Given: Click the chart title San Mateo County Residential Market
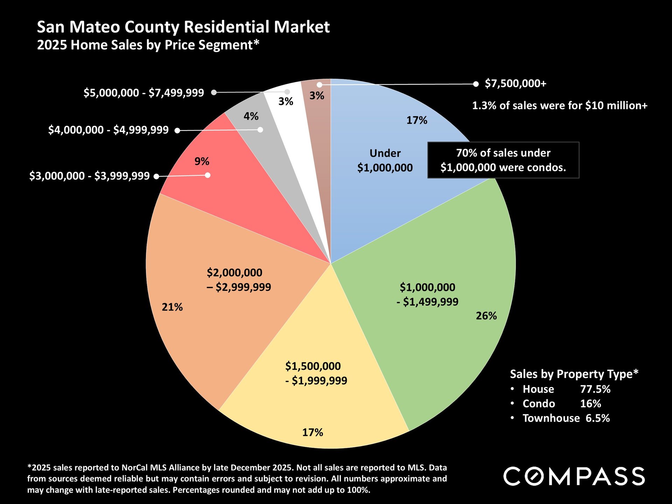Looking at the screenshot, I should (183, 27).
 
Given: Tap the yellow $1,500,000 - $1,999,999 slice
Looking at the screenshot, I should (315, 402).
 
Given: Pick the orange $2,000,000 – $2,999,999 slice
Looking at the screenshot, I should (217, 315).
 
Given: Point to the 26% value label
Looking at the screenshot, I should (486, 316).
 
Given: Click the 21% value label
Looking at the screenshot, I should (172, 307).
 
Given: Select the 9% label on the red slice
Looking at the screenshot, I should (202, 161).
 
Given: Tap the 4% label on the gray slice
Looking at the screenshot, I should (251, 116).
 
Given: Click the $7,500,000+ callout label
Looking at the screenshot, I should (515, 84).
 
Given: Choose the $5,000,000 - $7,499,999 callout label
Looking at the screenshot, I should (143, 93).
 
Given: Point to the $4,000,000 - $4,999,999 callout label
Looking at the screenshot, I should (108, 130).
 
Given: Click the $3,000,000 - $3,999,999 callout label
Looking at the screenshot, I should (89, 176).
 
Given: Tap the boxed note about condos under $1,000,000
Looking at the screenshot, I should (503, 160).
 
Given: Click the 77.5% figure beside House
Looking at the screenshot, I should (595, 389).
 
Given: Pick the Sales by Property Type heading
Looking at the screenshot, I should (574, 374).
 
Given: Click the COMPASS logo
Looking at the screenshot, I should (574, 476).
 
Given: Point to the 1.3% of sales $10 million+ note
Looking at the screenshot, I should (560, 106).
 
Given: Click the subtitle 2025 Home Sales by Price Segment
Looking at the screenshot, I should (148, 45).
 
